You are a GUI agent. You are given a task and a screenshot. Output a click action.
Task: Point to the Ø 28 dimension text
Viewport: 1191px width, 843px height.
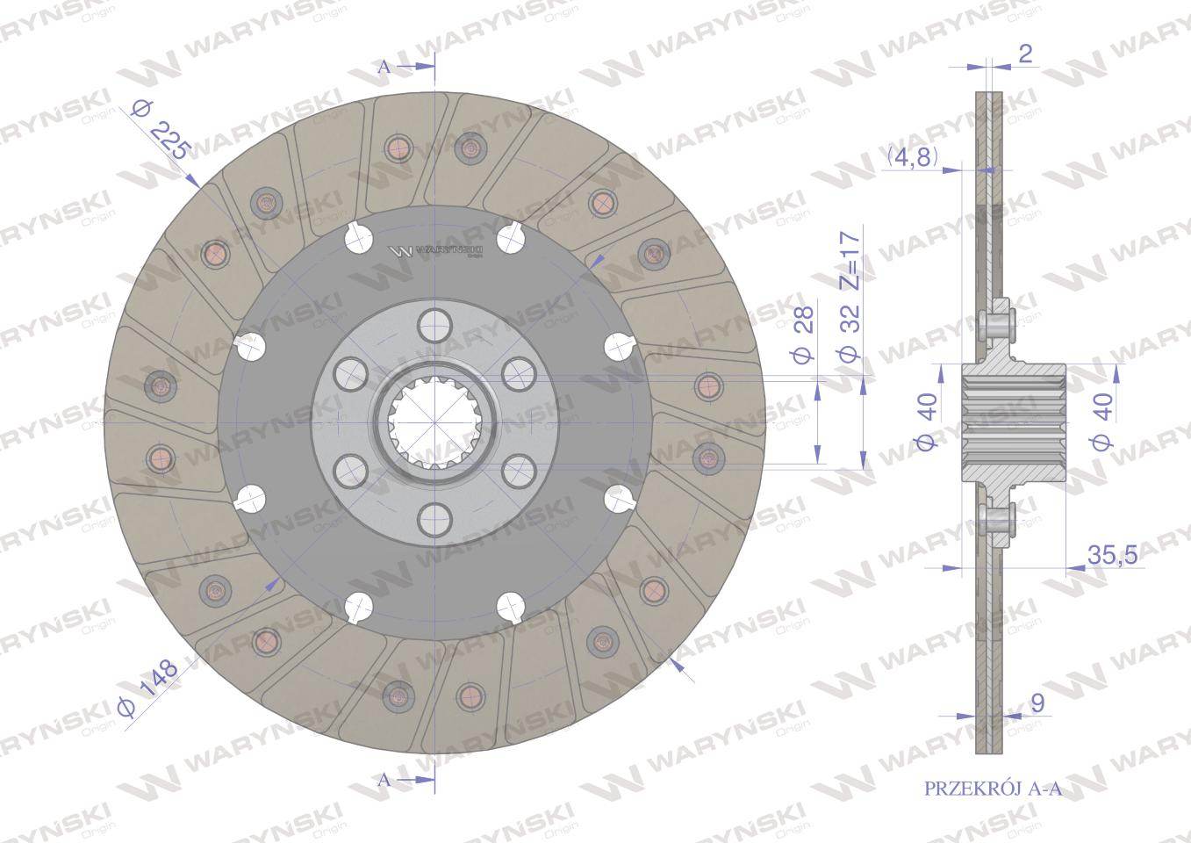point(803,334)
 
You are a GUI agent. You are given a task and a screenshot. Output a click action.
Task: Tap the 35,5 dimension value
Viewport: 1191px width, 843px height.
point(1112,555)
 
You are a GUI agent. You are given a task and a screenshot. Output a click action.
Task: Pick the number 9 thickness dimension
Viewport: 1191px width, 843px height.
point(1037,703)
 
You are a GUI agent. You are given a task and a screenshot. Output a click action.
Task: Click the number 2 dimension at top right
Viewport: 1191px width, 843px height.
point(1025,54)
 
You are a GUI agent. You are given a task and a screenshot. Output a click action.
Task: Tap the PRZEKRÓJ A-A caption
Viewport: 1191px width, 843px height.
point(994,789)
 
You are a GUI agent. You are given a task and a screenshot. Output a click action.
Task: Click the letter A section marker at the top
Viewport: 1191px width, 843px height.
point(384,67)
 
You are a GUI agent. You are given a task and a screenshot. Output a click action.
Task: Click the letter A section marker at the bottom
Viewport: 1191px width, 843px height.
point(384,781)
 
